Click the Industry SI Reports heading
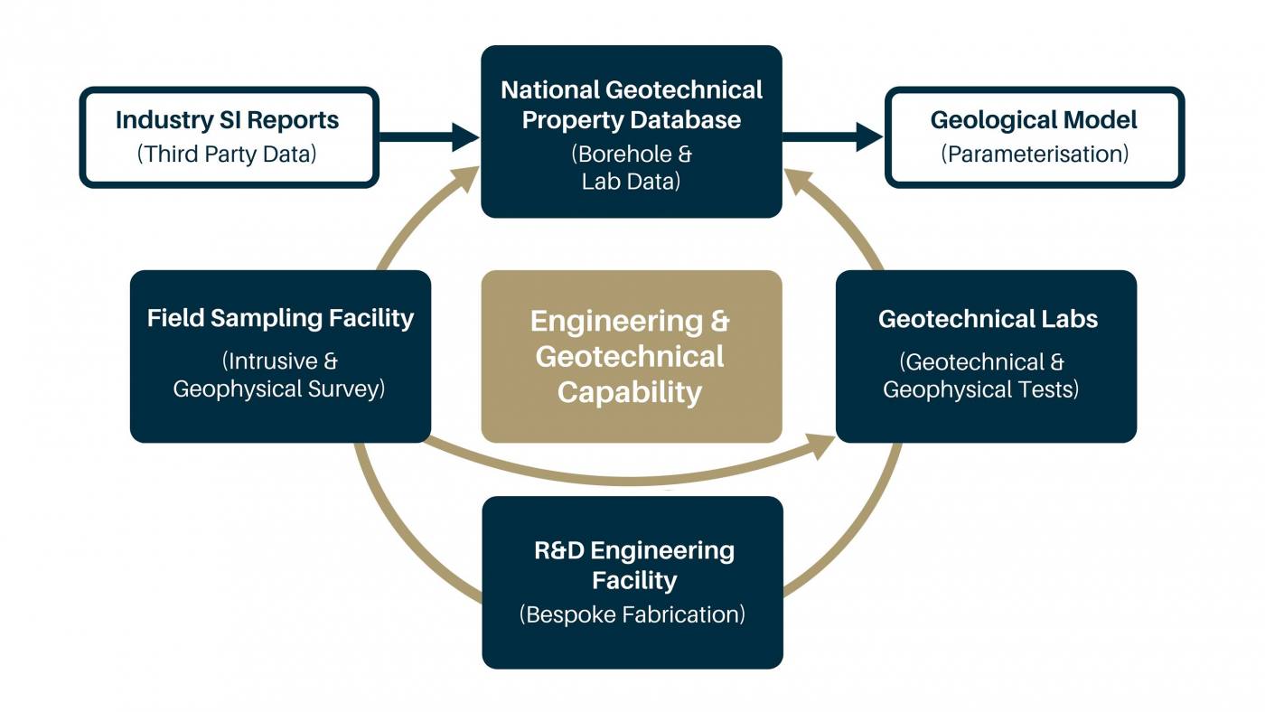227,120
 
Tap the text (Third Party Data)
227,155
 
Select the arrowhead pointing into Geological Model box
869,136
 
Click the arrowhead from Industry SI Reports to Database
466,136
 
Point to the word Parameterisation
1035,155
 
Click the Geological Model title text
1034,120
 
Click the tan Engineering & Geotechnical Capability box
632,356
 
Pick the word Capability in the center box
630,393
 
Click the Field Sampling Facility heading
281,318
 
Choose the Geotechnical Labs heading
988,319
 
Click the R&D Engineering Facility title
634,566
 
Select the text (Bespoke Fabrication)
632,614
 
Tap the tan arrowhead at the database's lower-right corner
797,181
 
